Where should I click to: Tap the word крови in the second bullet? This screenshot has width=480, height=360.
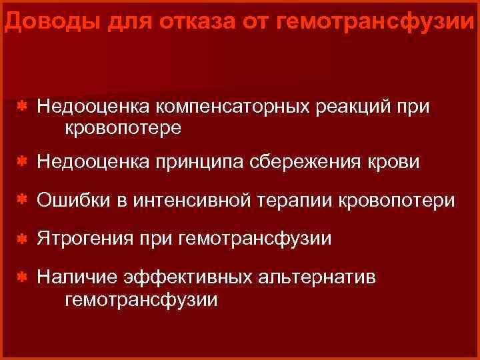pos(397,163)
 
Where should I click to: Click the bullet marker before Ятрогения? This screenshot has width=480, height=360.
pos(22,238)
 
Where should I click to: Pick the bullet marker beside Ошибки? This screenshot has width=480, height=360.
pos(22,200)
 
